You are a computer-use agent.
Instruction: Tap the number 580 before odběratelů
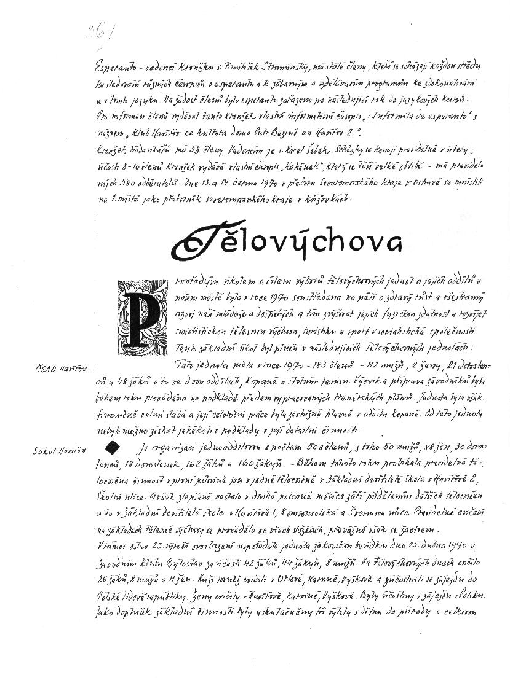(120, 182)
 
